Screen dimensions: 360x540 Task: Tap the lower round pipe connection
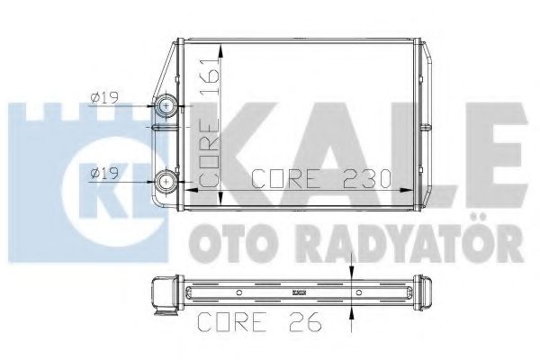pyautogui.click(x=168, y=181)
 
